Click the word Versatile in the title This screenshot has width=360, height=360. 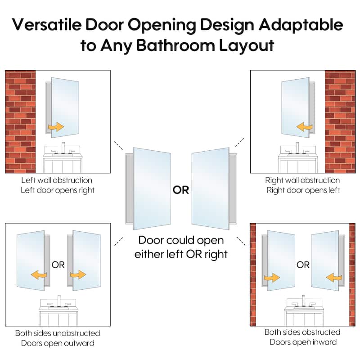47,25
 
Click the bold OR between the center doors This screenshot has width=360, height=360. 181,190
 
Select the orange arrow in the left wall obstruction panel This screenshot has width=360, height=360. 56,127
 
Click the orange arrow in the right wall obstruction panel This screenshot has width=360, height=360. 305,127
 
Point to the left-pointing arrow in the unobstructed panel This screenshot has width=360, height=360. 39,274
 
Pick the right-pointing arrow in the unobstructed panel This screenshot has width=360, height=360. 78,274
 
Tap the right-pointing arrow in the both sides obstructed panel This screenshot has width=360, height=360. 272,278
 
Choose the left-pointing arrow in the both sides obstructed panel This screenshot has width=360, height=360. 334,278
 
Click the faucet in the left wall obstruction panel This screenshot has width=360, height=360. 63,148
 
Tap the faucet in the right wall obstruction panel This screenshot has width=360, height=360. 298,148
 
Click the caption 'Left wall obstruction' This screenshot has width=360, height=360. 57,180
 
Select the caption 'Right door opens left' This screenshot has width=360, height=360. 303,190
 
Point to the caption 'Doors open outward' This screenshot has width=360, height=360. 58,343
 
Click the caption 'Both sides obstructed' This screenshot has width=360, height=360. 302,332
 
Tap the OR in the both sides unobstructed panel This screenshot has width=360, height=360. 58,265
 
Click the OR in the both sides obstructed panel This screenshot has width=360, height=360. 303,265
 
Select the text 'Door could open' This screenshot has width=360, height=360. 181,241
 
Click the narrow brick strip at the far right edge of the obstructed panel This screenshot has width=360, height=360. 352,274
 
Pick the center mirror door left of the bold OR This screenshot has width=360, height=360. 152,189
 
